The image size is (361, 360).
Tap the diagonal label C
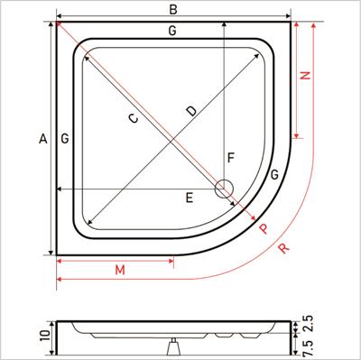tap(134, 118)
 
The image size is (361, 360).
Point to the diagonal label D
tap(190, 110)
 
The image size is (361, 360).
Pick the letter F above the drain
tap(230, 159)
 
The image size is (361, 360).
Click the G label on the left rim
tap(64, 138)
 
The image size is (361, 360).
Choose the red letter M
tap(119, 271)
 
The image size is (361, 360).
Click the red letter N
tap(305, 77)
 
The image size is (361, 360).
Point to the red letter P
tap(263, 229)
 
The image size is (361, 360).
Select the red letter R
tap(285, 249)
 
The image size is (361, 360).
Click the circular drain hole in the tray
tap(224, 188)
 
